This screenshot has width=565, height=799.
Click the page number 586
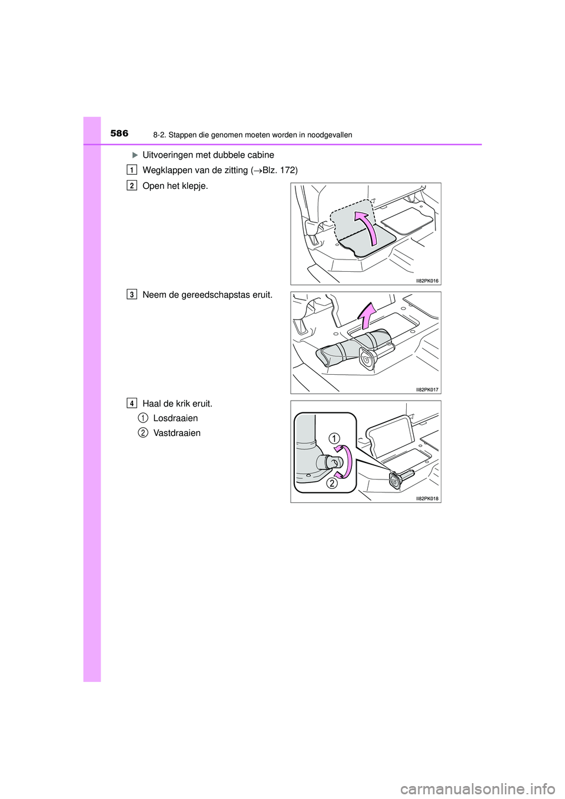pos(119,134)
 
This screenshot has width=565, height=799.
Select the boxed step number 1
pos(132,170)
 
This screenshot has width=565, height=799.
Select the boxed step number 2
pos(132,185)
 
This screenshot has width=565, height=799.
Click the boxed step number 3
pos(132,294)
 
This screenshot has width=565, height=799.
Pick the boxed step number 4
pos(132,404)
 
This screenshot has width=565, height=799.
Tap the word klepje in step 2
pos(192,187)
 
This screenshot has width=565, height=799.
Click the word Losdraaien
pos(175,418)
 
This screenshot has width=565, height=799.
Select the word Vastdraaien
pos(177,433)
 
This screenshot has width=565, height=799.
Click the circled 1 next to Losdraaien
pos(142,418)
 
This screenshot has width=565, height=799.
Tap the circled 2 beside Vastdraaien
pos(142,432)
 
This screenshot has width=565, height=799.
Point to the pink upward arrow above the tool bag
pos(366,316)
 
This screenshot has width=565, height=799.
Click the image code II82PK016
pos(427,281)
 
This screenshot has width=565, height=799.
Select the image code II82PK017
pos(427,390)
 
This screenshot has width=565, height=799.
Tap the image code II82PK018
pos(427,499)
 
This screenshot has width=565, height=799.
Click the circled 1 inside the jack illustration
pos(334,438)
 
